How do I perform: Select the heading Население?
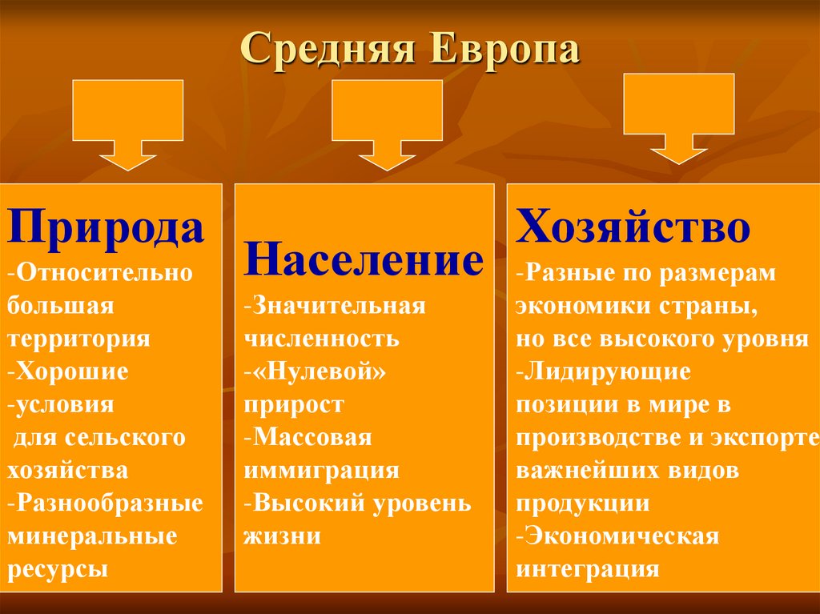pyautogui.click(x=364, y=260)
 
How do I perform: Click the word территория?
pyautogui.click(x=79, y=339)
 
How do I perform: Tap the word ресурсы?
pyautogui.click(x=58, y=569)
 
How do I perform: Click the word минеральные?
pyautogui.click(x=92, y=536)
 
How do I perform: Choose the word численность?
pyautogui.click(x=323, y=339)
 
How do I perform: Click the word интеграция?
pyautogui.click(x=588, y=569)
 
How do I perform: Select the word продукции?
pyautogui.click(x=582, y=504)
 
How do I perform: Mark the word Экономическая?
pyautogui.click(x=621, y=536)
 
